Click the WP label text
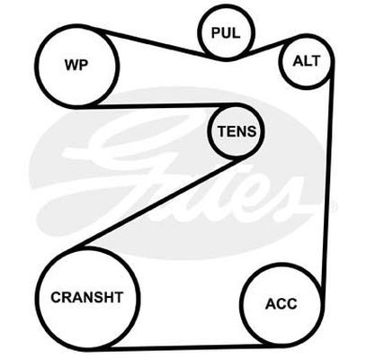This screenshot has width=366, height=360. [76, 65]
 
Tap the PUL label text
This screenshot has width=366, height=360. [226, 32]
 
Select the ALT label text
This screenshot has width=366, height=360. [307, 61]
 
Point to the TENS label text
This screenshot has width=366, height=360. [237, 131]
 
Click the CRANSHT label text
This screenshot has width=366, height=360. [87, 297]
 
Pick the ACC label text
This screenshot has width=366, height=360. [281, 304]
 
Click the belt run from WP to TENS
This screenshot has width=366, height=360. [159, 105]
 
